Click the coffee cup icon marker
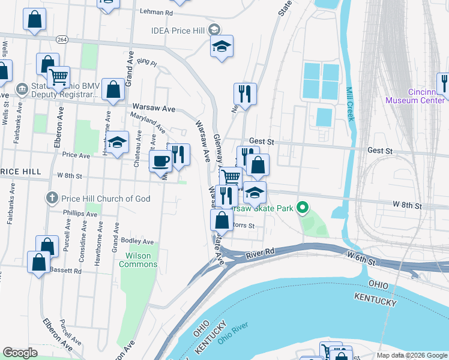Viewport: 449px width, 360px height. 160,160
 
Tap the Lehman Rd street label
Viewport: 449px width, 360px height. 156,12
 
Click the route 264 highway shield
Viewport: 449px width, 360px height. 62,39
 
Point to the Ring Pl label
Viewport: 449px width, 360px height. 146,62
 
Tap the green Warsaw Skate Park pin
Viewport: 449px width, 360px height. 303,208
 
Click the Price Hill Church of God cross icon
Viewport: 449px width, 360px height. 52,198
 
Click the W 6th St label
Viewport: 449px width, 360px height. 361,259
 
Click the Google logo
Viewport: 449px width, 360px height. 20,353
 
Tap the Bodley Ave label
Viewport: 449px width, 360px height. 137,241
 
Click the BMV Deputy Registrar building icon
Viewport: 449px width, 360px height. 22,89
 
